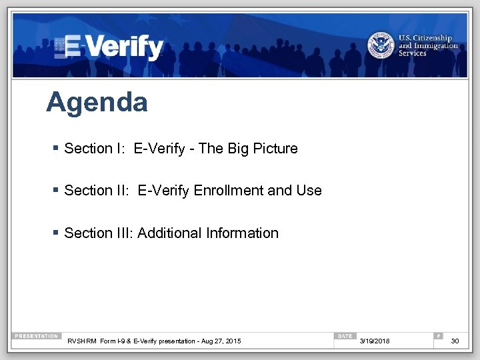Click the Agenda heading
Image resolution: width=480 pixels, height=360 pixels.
[97, 103]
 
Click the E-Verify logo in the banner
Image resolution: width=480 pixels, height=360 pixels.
[109, 47]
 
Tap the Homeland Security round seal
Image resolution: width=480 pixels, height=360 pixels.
[381, 45]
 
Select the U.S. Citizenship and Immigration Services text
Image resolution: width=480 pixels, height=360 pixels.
[428, 45]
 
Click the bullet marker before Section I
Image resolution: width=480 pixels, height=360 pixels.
[57, 148]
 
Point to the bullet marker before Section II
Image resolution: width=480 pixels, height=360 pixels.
[57, 190]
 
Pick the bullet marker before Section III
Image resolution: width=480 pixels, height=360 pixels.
[57, 233]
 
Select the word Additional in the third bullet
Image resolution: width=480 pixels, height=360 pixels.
[170, 233]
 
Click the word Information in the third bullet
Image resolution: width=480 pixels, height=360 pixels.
[243, 233]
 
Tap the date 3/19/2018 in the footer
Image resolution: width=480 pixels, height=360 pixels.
[375, 341]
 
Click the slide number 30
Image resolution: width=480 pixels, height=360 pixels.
[455, 341]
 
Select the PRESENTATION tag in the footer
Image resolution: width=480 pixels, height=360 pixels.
[37, 336]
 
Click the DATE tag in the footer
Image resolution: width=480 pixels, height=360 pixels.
[345, 336]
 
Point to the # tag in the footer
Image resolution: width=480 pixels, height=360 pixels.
[438, 336]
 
